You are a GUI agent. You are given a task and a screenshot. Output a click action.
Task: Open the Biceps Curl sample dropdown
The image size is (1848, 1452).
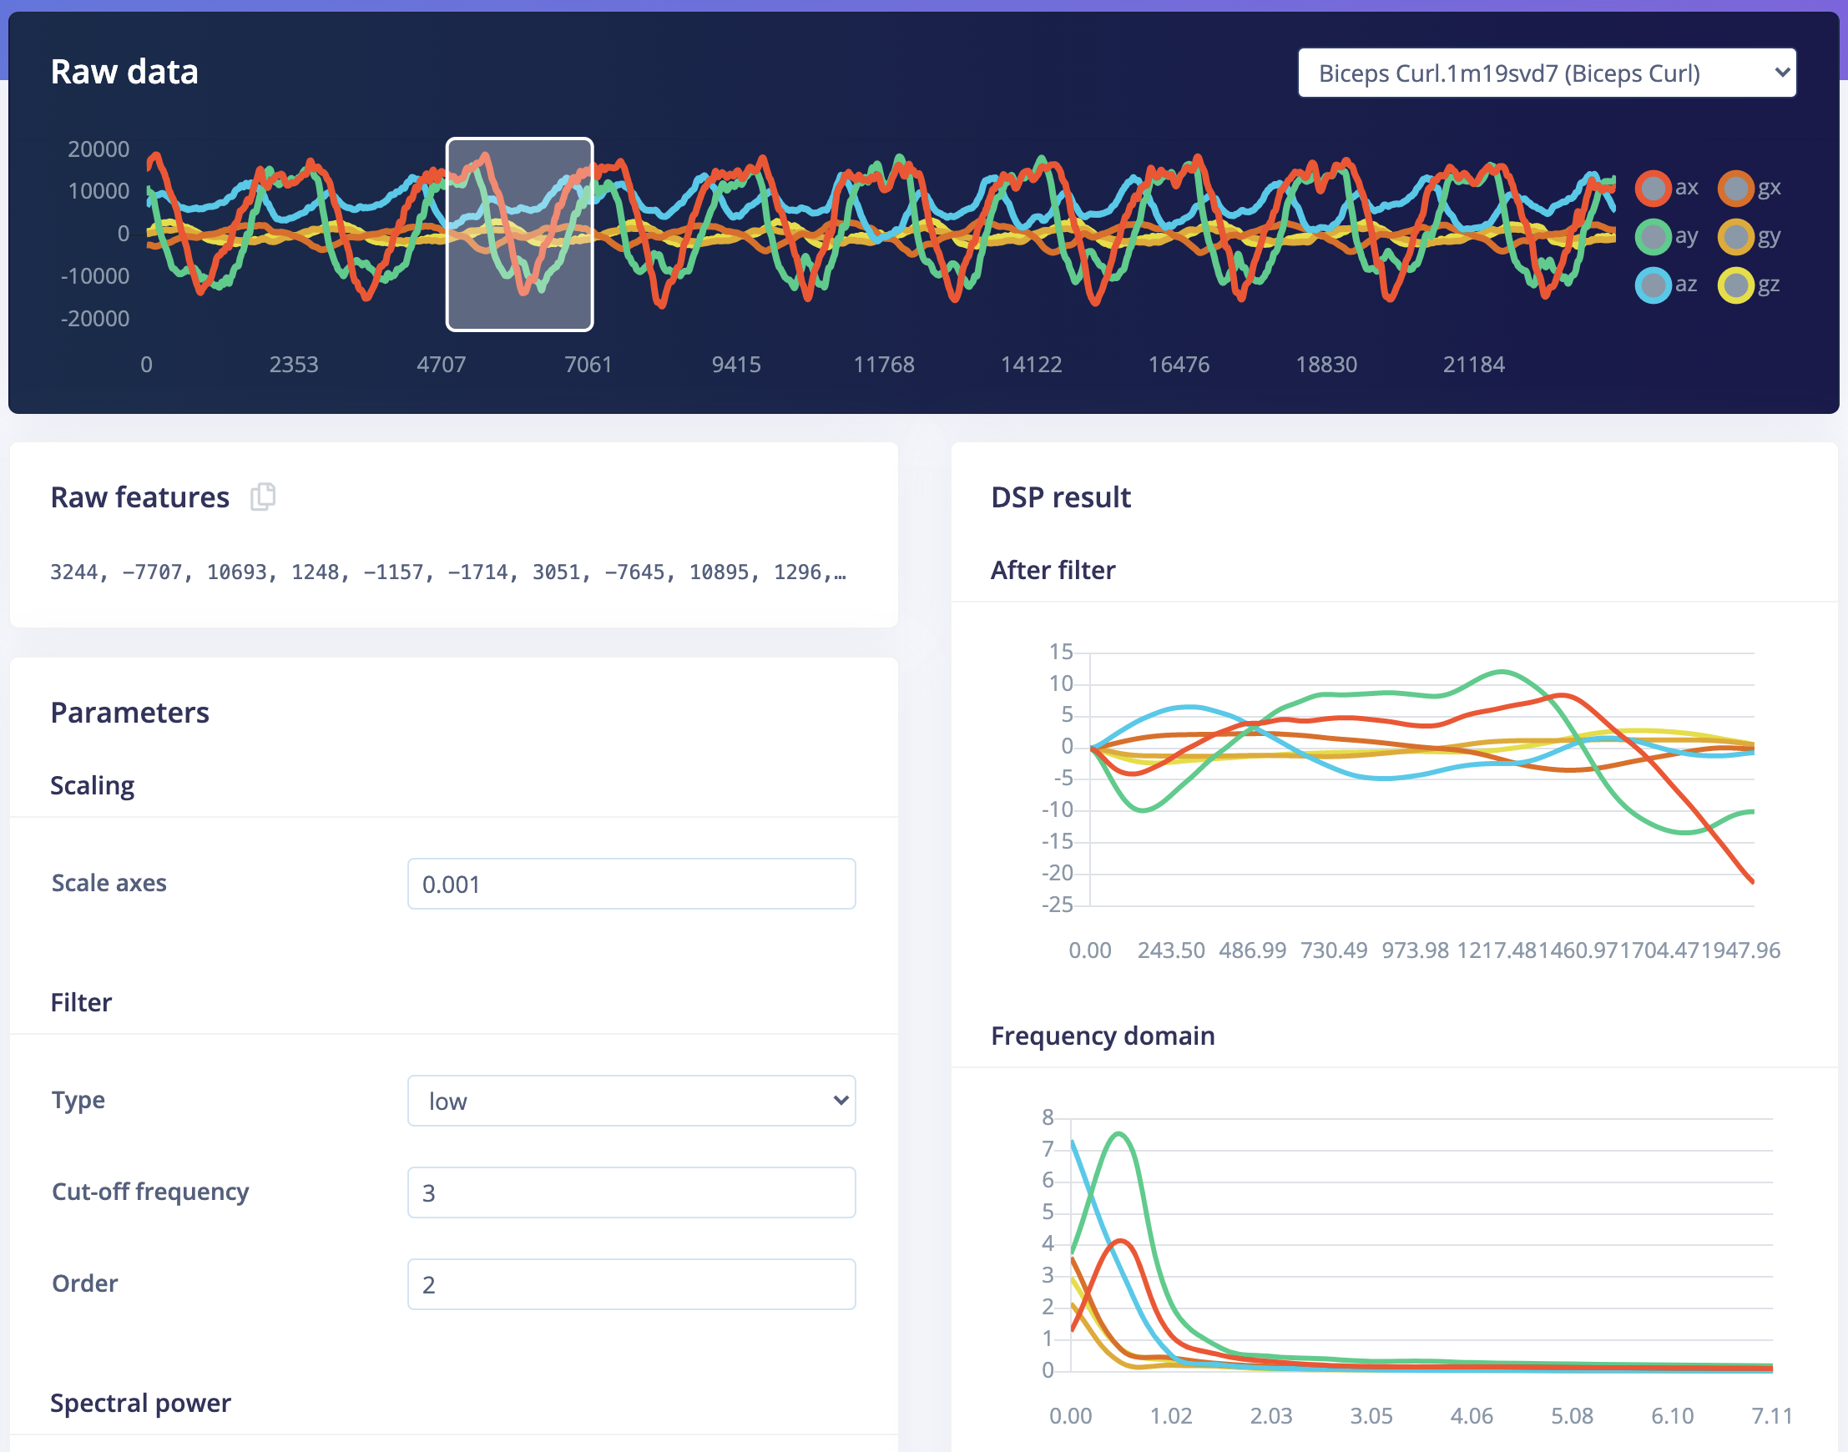point(1545,73)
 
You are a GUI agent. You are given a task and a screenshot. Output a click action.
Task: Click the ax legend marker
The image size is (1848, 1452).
point(1653,188)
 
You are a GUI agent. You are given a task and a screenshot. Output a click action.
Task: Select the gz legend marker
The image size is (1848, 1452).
point(1734,285)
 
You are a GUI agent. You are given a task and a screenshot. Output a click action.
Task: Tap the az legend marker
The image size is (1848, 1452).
point(1653,285)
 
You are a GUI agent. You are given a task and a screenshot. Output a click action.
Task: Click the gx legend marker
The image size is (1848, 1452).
point(1734,188)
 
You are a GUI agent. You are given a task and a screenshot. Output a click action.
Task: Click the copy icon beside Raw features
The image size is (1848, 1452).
point(263,497)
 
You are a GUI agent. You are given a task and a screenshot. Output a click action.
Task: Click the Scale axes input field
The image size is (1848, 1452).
point(631,884)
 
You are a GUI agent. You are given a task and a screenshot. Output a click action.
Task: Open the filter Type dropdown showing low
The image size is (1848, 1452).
point(631,1101)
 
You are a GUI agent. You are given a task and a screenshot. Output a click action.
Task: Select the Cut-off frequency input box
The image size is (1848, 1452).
point(631,1192)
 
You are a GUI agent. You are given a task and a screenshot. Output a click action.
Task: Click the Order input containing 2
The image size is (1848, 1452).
point(631,1284)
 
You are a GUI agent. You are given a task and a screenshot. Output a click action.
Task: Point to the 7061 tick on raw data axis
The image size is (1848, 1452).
point(588,365)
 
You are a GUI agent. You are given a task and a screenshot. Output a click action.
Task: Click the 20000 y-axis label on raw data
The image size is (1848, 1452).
point(98,149)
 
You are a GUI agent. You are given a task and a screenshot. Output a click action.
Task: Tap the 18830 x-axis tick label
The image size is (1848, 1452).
point(1325,365)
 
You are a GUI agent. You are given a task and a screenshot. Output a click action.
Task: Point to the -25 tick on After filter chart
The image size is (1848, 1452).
point(1057,905)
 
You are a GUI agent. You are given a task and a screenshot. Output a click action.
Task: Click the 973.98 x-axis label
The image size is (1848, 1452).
point(1414,950)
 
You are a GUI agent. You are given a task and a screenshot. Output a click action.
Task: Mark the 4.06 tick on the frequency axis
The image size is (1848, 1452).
point(1472,1416)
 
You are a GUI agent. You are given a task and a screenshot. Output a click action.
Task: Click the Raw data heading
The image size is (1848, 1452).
point(124,73)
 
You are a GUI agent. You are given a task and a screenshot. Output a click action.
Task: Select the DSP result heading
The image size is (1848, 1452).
point(1061,497)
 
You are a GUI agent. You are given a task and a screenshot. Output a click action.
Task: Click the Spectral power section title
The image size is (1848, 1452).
point(140,1404)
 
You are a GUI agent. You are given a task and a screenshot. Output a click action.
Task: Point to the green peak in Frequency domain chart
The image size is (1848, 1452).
point(1119,1134)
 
